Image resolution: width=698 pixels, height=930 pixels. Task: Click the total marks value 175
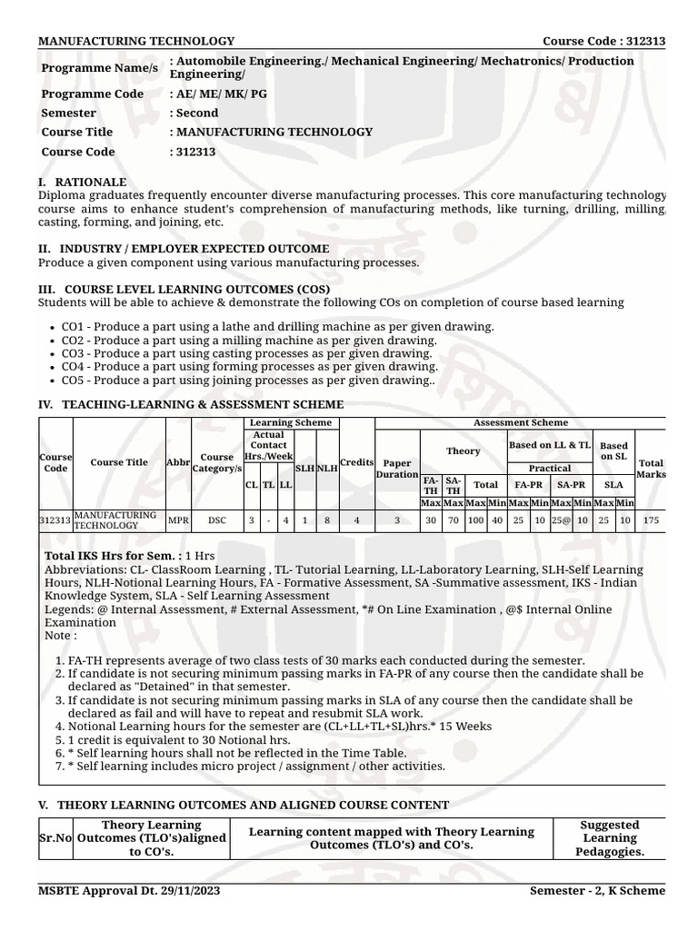[651, 521]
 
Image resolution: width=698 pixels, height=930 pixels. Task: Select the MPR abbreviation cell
[178, 521]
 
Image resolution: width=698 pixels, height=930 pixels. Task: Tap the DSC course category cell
[217, 521]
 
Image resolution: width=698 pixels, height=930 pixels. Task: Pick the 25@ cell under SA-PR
[561, 521]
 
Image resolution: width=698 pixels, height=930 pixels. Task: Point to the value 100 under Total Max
[475, 521]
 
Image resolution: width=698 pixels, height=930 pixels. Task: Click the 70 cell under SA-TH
[453, 521]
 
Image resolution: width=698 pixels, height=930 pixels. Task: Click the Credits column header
[356, 462]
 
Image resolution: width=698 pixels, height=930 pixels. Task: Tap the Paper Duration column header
[397, 469]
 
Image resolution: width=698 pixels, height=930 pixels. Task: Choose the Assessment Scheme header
[520, 422]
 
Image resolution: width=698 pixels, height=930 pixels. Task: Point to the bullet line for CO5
[247, 381]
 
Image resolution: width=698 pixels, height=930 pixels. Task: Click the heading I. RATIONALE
[83, 183]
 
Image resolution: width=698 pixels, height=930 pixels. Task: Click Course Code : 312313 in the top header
[603, 41]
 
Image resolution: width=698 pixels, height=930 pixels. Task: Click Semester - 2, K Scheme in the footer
[597, 890]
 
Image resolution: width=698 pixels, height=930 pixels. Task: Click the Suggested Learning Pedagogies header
[610, 838]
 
